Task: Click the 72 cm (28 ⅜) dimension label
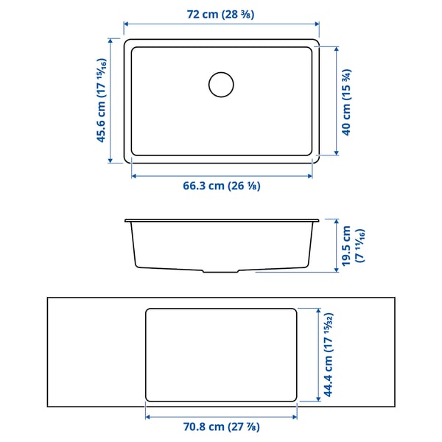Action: click(221, 14)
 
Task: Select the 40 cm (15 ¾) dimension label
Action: click(346, 101)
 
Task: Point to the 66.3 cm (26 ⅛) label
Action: click(221, 186)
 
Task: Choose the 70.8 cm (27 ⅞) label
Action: click(221, 427)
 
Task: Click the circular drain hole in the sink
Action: click(220, 84)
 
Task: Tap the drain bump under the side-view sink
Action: click(221, 271)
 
